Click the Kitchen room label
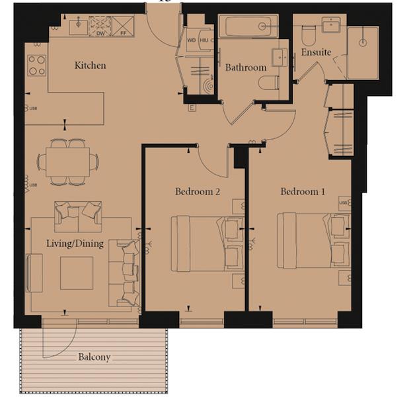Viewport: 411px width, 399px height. (x=90, y=66)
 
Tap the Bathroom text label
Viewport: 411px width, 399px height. (x=246, y=67)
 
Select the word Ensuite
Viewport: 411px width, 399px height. (x=316, y=52)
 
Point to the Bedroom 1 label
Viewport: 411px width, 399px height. (x=303, y=192)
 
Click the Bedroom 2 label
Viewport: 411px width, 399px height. (x=197, y=192)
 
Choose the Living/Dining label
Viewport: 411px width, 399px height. (x=75, y=244)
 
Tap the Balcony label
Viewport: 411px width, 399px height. (x=94, y=357)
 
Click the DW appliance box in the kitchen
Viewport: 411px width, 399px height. (x=100, y=27)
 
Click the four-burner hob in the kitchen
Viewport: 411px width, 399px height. (x=36, y=65)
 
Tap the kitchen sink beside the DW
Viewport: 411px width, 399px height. (x=78, y=26)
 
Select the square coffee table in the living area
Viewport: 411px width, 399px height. (x=77, y=273)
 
